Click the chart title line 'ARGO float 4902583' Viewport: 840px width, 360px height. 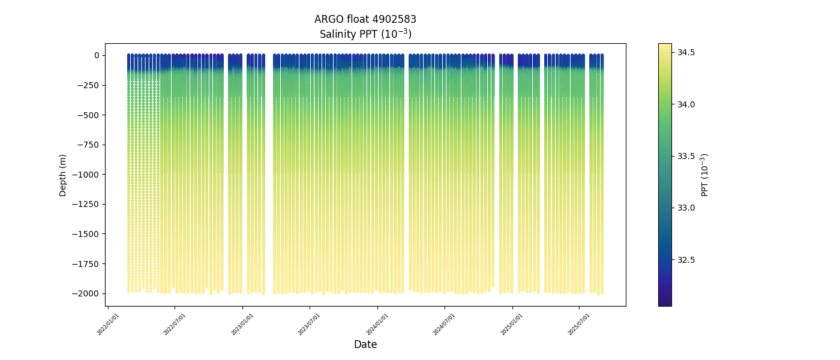coord(365,19)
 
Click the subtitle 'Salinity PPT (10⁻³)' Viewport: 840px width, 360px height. coord(365,34)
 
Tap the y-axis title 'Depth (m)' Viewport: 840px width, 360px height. coord(63,175)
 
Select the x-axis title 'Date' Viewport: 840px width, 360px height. coord(365,344)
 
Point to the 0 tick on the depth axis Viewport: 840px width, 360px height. coord(95,55)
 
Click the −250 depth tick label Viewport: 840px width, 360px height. coord(89,85)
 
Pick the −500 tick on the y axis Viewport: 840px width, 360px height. coord(89,115)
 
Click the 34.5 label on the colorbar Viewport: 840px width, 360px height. coord(686,53)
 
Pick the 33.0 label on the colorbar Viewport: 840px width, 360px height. coord(686,208)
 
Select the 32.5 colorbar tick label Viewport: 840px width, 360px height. coord(686,260)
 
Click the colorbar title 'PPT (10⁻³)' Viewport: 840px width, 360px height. coord(705,175)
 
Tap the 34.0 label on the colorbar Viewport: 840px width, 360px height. coord(686,104)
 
